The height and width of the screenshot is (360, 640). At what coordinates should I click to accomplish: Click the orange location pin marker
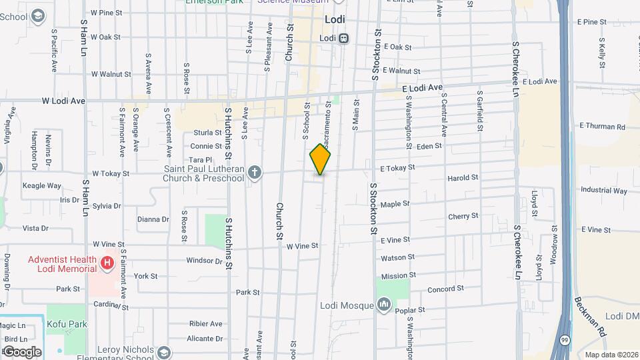[x=321, y=159]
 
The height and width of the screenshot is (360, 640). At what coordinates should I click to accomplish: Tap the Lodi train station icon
[x=344, y=39]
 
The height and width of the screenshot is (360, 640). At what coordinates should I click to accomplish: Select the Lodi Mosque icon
[x=384, y=305]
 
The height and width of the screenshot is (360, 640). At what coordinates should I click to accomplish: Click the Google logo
[x=22, y=351]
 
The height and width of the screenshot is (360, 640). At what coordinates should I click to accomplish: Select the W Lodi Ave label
[x=64, y=101]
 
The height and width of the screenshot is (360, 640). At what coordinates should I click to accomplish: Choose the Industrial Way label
[x=603, y=190]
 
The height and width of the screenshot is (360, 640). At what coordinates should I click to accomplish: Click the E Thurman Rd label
[x=602, y=126]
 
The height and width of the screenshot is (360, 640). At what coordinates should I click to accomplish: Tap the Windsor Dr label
[x=204, y=261]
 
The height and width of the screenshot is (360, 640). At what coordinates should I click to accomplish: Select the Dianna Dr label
[x=153, y=219]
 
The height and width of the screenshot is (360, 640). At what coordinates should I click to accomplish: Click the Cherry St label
[x=463, y=216]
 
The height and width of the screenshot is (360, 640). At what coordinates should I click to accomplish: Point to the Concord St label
[x=445, y=289]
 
